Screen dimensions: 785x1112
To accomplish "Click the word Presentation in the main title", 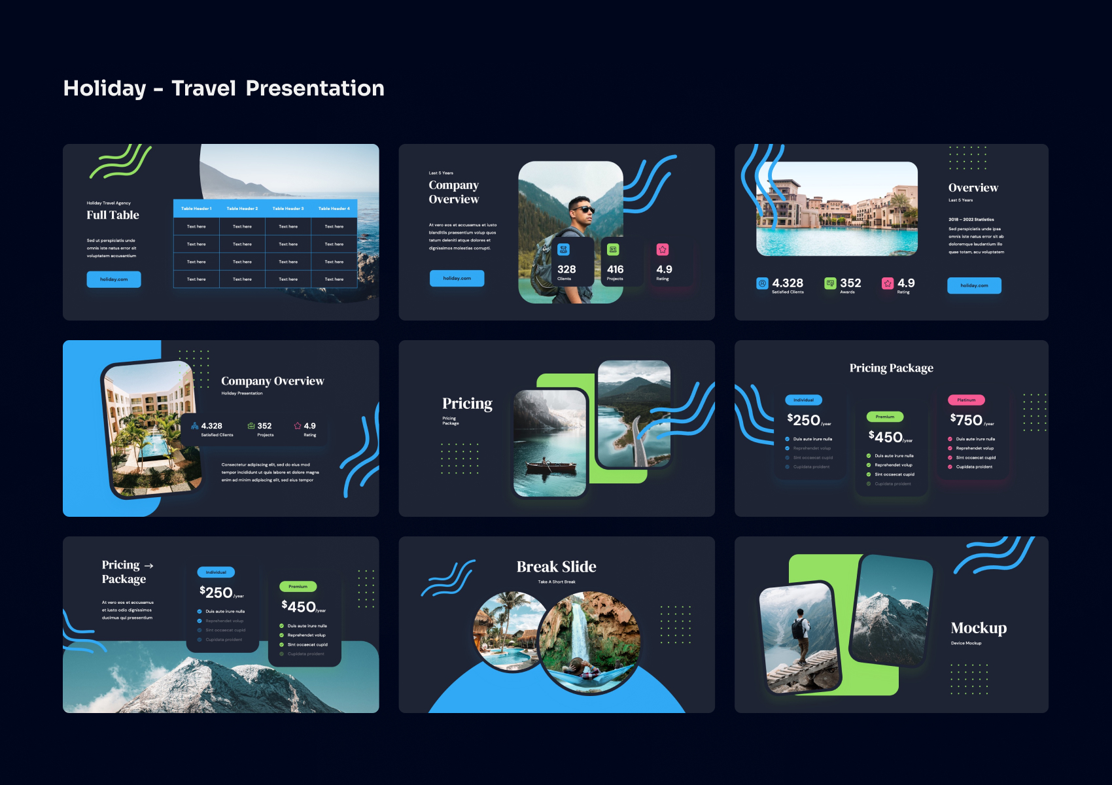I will (x=315, y=88).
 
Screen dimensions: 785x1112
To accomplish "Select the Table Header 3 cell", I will (x=288, y=209).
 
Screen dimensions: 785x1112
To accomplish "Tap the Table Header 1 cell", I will (x=196, y=209).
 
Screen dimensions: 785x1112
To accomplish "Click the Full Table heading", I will (x=113, y=215).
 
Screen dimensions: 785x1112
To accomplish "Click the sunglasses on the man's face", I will (x=582, y=209).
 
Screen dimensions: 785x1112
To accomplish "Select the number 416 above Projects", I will (x=615, y=270).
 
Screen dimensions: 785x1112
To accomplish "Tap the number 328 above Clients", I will (x=566, y=270).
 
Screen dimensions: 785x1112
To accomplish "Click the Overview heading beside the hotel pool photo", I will (x=973, y=188).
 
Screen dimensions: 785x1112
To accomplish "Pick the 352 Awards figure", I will (x=850, y=283).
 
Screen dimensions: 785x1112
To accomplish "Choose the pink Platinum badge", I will (x=966, y=400).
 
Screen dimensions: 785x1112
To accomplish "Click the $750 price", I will (x=967, y=420).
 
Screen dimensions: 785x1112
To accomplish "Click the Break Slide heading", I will (x=556, y=567).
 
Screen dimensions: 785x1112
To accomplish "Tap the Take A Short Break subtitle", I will (x=557, y=582).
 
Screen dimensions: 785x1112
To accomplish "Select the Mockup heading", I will (x=979, y=628).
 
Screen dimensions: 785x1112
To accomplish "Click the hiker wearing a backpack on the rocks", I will (x=799, y=635).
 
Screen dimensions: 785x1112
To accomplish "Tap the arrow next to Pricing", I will (x=149, y=565).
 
